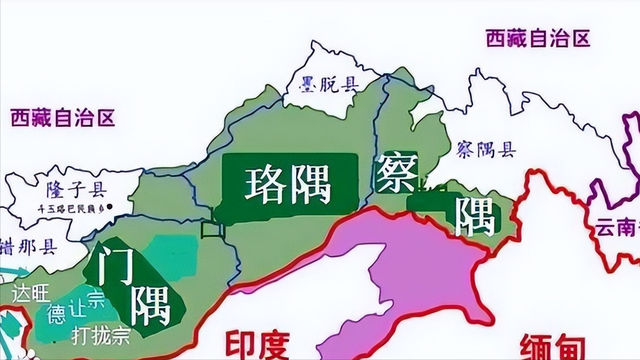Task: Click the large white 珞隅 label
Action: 290,183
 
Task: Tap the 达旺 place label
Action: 27,294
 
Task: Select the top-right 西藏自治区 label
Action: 538,38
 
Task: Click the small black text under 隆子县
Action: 62,211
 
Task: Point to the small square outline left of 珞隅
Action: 211,230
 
